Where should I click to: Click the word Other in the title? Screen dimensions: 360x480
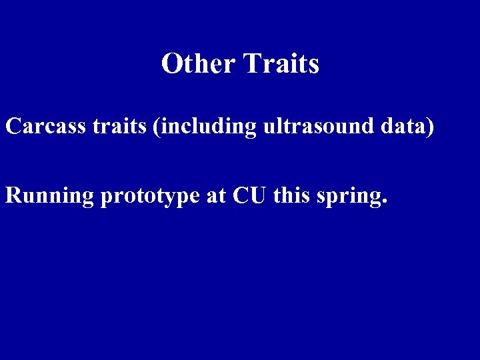click(x=198, y=64)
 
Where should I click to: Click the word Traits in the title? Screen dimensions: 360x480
click(x=281, y=64)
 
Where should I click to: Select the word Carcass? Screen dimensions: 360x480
click(x=46, y=126)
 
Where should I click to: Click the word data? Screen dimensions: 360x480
click(x=403, y=126)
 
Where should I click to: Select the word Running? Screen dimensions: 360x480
click(x=49, y=196)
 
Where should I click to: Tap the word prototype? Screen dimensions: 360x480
click(x=149, y=197)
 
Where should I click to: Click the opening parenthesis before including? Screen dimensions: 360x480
click(x=156, y=127)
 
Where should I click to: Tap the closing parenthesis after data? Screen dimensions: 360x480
click(x=431, y=127)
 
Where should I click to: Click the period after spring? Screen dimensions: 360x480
click(x=383, y=203)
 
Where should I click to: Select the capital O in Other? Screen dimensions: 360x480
click(x=171, y=64)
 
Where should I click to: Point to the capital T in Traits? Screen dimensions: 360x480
click(x=251, y=64)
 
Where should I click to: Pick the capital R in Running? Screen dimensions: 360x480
click(x=13, y=195)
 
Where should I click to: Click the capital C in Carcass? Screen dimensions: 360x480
click(x=13, y=126)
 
